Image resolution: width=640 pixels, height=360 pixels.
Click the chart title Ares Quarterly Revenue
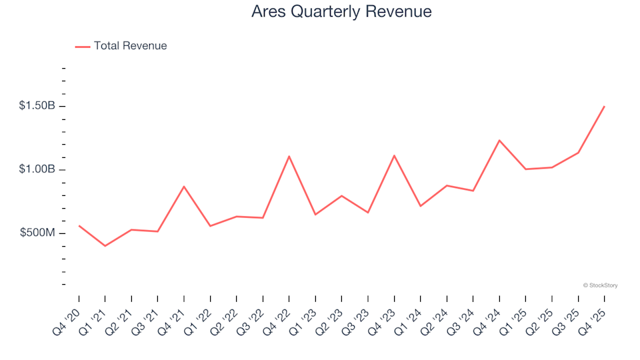(x=341, y=12)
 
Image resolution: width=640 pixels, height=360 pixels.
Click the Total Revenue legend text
(x=130, y=46)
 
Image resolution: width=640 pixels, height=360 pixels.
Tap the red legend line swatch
(x=83, y=47)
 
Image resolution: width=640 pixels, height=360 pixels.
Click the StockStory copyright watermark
(x=600, y=285)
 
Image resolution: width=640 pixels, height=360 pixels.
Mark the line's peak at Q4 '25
(x=604, y=107)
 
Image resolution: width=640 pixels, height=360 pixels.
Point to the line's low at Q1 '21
(x=105, y=246)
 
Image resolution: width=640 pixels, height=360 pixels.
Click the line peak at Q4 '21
(x=183, y=187)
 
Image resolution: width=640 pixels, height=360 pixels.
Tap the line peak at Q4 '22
(x=289, y=156)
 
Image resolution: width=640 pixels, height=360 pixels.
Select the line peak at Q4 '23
(x=394, y=155)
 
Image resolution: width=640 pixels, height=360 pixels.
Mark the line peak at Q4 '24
(x=499, y=140)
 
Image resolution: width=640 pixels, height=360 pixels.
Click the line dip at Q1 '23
(x=315, y=215)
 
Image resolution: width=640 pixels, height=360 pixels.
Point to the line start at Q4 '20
(x=79, y=225)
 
